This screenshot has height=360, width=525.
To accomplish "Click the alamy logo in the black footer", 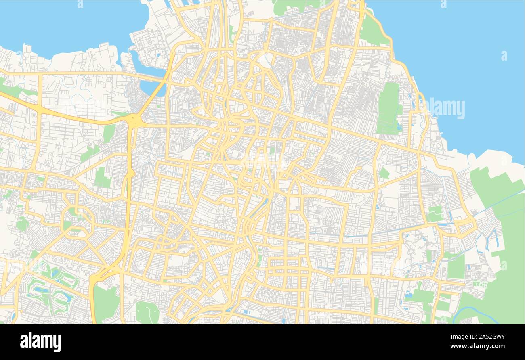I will click(x=40, y=341).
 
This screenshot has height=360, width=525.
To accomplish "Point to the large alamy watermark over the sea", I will click(x=445, y=109).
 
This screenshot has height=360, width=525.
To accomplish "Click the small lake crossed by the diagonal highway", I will click(x=151, y=87).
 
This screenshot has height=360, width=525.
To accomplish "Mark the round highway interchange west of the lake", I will click(x=134, y=119).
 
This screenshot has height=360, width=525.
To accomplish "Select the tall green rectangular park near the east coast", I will click(x=388, y=108).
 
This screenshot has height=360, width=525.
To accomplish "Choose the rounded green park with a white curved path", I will click(x=147, y=312).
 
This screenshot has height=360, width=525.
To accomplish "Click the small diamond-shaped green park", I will click(x=384, y=173).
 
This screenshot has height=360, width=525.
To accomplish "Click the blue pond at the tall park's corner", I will click(x=399, y=126).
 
